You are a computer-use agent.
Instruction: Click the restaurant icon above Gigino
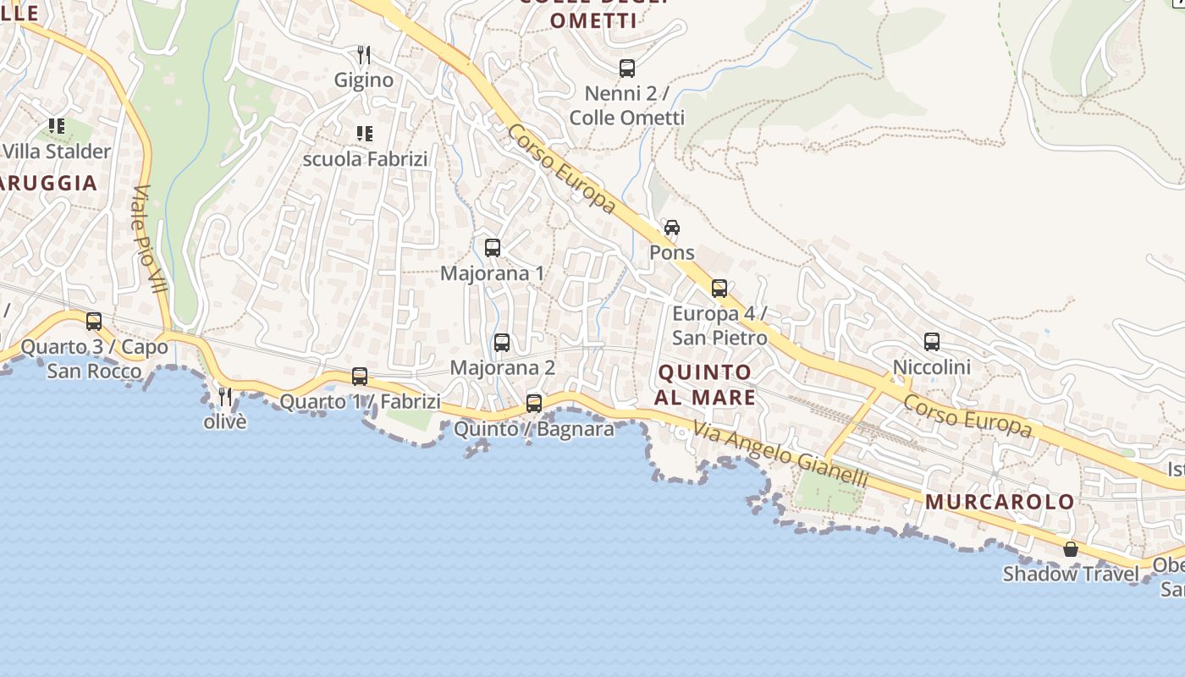point(364,55)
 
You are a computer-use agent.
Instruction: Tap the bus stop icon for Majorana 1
point(493,248)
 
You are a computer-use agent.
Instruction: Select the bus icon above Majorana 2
point(502,343)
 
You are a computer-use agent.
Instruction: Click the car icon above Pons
point(672,228)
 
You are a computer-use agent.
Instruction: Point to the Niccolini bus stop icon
point(932,342)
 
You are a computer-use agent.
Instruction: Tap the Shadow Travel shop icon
point(1071,549)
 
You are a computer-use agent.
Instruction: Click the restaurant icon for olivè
point(225,396)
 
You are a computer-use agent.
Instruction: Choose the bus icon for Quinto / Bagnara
point(534,404)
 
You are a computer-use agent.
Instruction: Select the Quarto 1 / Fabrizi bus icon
point(360,377)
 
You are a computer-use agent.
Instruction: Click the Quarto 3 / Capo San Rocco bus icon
point(94,322)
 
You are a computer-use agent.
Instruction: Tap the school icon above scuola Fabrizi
point(365,134)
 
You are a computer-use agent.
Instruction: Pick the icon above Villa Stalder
point(57,127)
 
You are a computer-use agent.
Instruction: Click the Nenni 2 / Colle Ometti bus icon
point(627,69)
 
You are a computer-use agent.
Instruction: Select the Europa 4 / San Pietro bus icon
point(719,289)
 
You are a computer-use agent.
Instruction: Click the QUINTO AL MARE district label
point(705,385)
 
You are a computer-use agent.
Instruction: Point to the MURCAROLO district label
point(1000,502)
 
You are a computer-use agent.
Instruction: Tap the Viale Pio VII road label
point(149,239)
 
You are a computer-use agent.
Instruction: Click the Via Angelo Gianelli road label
point(781,454)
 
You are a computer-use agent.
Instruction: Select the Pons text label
point(672,252)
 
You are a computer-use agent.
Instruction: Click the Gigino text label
point(364,80)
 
